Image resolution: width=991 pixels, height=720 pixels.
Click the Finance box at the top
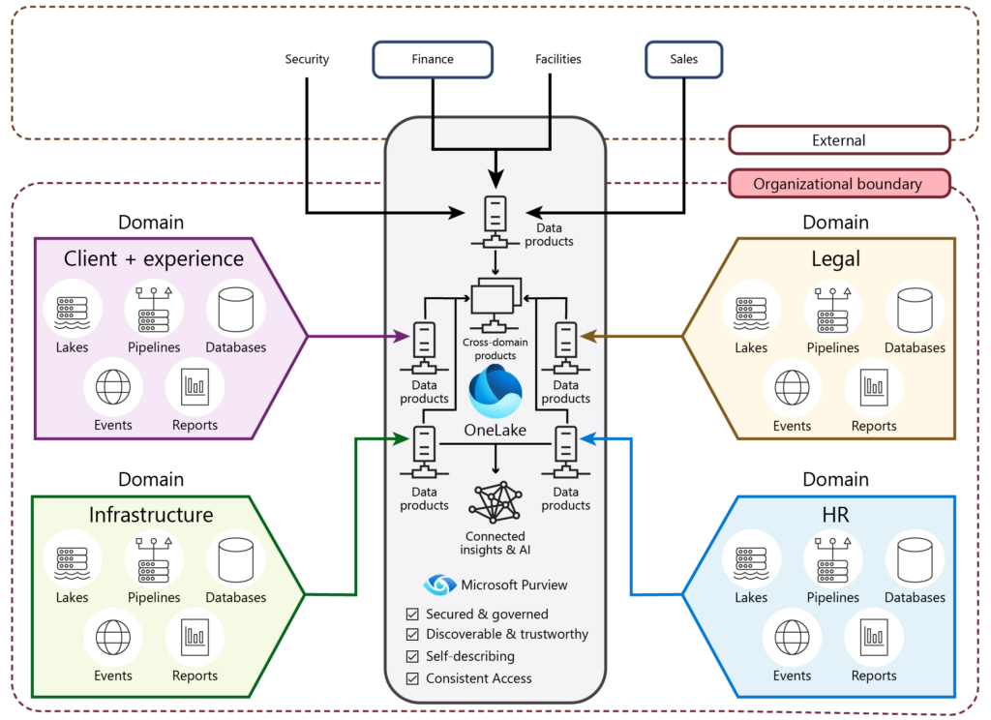432,59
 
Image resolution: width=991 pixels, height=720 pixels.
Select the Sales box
683,59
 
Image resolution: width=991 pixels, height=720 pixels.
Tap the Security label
307,59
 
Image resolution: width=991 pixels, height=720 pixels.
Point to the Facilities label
558,59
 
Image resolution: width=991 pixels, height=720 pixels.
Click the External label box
839,140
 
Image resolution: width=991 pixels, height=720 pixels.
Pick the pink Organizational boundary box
839,183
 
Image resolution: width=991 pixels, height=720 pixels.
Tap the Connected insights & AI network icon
495,502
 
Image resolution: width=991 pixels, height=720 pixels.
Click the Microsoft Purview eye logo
439,585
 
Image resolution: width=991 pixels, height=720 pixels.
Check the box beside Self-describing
413,657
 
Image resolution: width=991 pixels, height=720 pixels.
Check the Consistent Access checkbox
413,678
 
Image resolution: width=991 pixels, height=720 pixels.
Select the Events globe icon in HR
792,638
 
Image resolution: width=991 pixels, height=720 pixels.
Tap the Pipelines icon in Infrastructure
155,558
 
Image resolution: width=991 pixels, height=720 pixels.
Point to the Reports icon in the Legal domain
874,387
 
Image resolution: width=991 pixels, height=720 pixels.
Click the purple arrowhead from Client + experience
404,337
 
